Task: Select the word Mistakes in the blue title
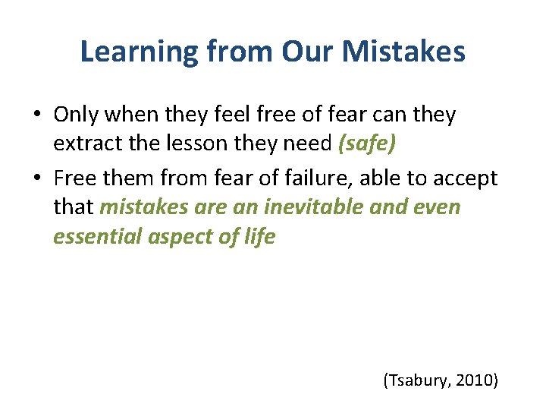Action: [405, 52]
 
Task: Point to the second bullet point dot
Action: [37, 179]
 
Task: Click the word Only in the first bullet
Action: [77, 115]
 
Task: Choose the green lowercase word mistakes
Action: [143, 207]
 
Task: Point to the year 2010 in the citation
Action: [475, 380]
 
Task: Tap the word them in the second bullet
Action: [128, 178]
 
